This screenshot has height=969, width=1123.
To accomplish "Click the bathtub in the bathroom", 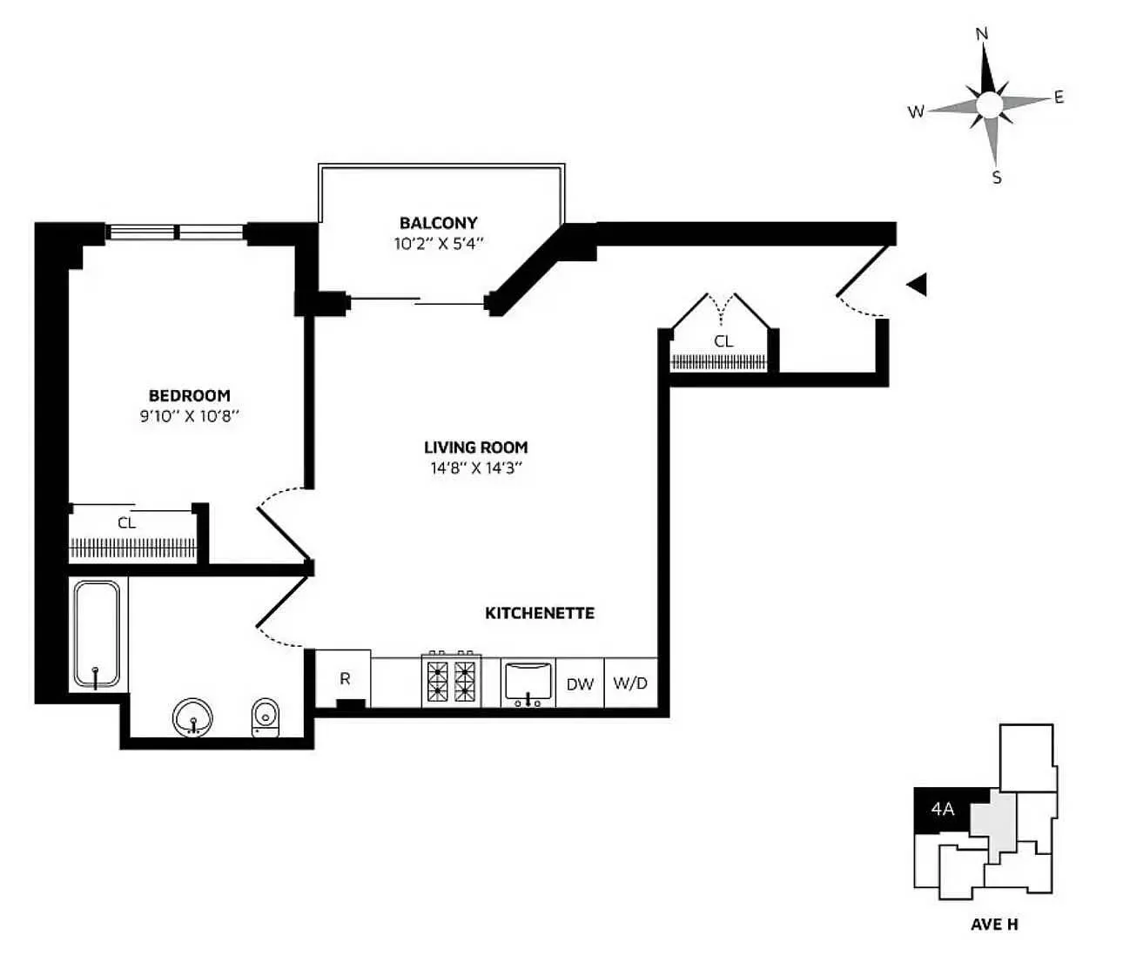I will [96, 635].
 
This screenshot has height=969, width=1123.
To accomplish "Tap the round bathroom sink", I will [193, 717].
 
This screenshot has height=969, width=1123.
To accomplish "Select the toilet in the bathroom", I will [266, 717].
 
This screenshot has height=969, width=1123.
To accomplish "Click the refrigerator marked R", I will [344, 679].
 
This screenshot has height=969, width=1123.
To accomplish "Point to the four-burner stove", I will [451, 680].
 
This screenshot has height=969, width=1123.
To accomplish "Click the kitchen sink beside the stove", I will [528, 681].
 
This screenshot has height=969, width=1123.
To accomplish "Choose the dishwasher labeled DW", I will [580, 683].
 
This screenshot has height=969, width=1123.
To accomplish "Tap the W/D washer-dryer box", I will [630, 683].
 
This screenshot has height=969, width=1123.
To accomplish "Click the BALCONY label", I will [438, 223].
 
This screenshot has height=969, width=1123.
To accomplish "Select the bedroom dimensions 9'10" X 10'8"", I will [189, 416].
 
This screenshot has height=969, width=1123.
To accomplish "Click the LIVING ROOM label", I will [475, 447].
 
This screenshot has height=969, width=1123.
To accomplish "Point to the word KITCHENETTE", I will [540, 613].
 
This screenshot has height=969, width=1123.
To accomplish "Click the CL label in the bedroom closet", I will [127, 523].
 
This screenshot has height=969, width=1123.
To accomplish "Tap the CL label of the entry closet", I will [723, 341].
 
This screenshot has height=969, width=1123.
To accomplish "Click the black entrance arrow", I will [916, 285].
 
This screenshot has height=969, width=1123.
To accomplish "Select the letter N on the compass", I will [982, 35].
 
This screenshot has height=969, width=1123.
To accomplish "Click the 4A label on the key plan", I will [943, 809].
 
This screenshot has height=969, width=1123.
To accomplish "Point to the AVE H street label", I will [994, 924].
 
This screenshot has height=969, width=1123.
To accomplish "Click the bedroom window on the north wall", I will [177, 232].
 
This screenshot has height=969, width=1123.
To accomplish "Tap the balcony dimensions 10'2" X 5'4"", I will [438, 244].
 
